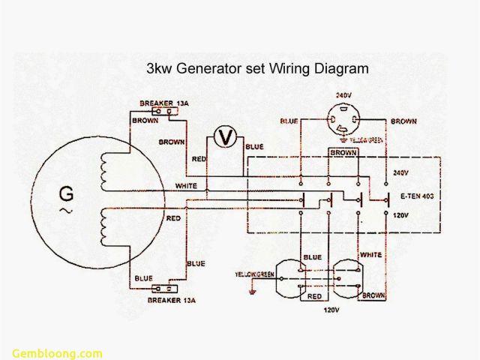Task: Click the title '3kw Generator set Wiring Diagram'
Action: point(256,68)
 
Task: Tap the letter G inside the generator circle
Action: point(67,196)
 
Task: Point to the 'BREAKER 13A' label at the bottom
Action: point(172,300)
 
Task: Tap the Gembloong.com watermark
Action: point(57,353)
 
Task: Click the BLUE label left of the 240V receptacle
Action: point(289,121)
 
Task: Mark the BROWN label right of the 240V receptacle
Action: point(403,120)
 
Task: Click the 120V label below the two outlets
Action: point(331,309)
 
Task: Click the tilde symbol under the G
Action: point(66,213)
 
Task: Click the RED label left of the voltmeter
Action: point(199,160)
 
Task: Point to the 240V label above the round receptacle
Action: point(342,96)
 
